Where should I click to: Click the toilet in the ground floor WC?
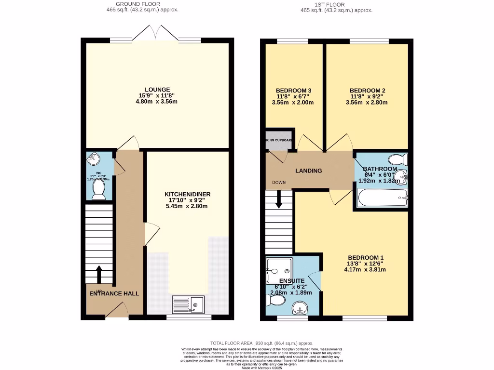[x=99, y=190]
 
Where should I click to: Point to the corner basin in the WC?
[x=92, y=159]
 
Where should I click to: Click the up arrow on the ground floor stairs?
[x=99, y=275]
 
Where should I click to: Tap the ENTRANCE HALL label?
[x=114, y=293]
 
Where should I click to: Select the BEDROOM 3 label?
[x=293, y=91]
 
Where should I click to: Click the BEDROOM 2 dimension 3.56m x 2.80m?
[x=367, y=102]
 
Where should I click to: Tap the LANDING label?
[x=308, y=171]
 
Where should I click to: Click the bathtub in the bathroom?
[x=382, y=198]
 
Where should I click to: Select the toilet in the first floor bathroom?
[x=398, y=159]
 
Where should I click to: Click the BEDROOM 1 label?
[x=366, y=257]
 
